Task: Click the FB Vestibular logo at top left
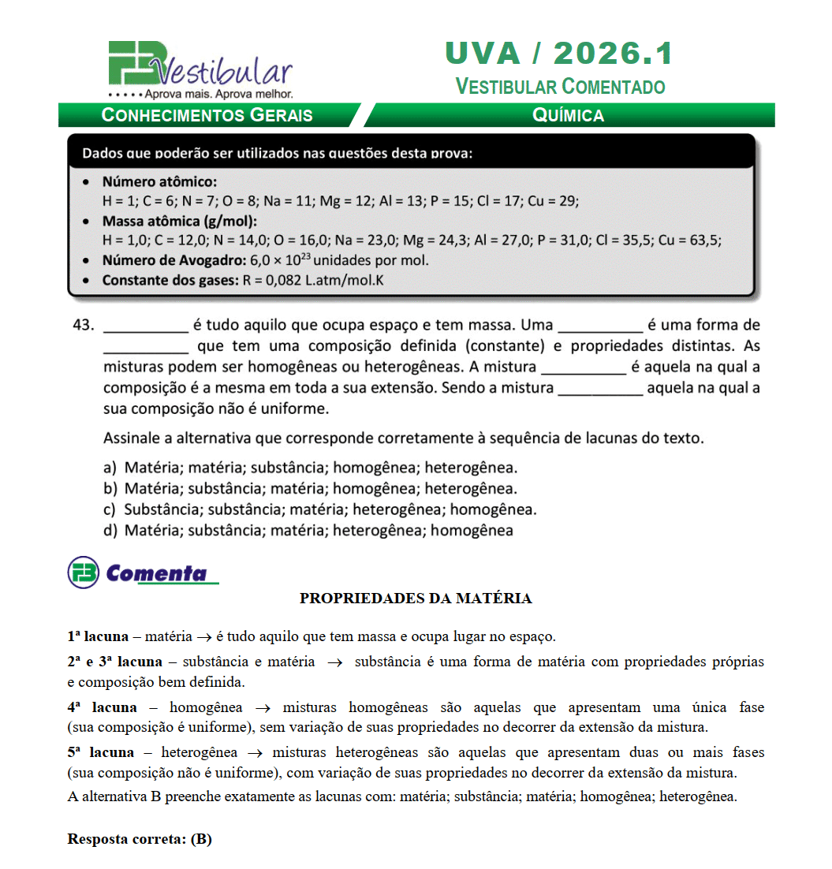click(200, 69)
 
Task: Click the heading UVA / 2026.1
click(559, 54)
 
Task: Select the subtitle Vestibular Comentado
click(560, 86)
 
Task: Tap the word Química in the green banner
click(568, 115)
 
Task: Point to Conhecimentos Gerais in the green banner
click(207, 115)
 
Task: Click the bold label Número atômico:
click(159, 181)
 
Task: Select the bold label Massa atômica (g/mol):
click(179, 221)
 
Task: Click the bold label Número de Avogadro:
click(173, 260)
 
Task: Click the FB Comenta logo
click(142, 572)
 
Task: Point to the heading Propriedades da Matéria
click(416, 599)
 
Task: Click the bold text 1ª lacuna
click(98, 636)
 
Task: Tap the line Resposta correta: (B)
click(140, 838)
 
